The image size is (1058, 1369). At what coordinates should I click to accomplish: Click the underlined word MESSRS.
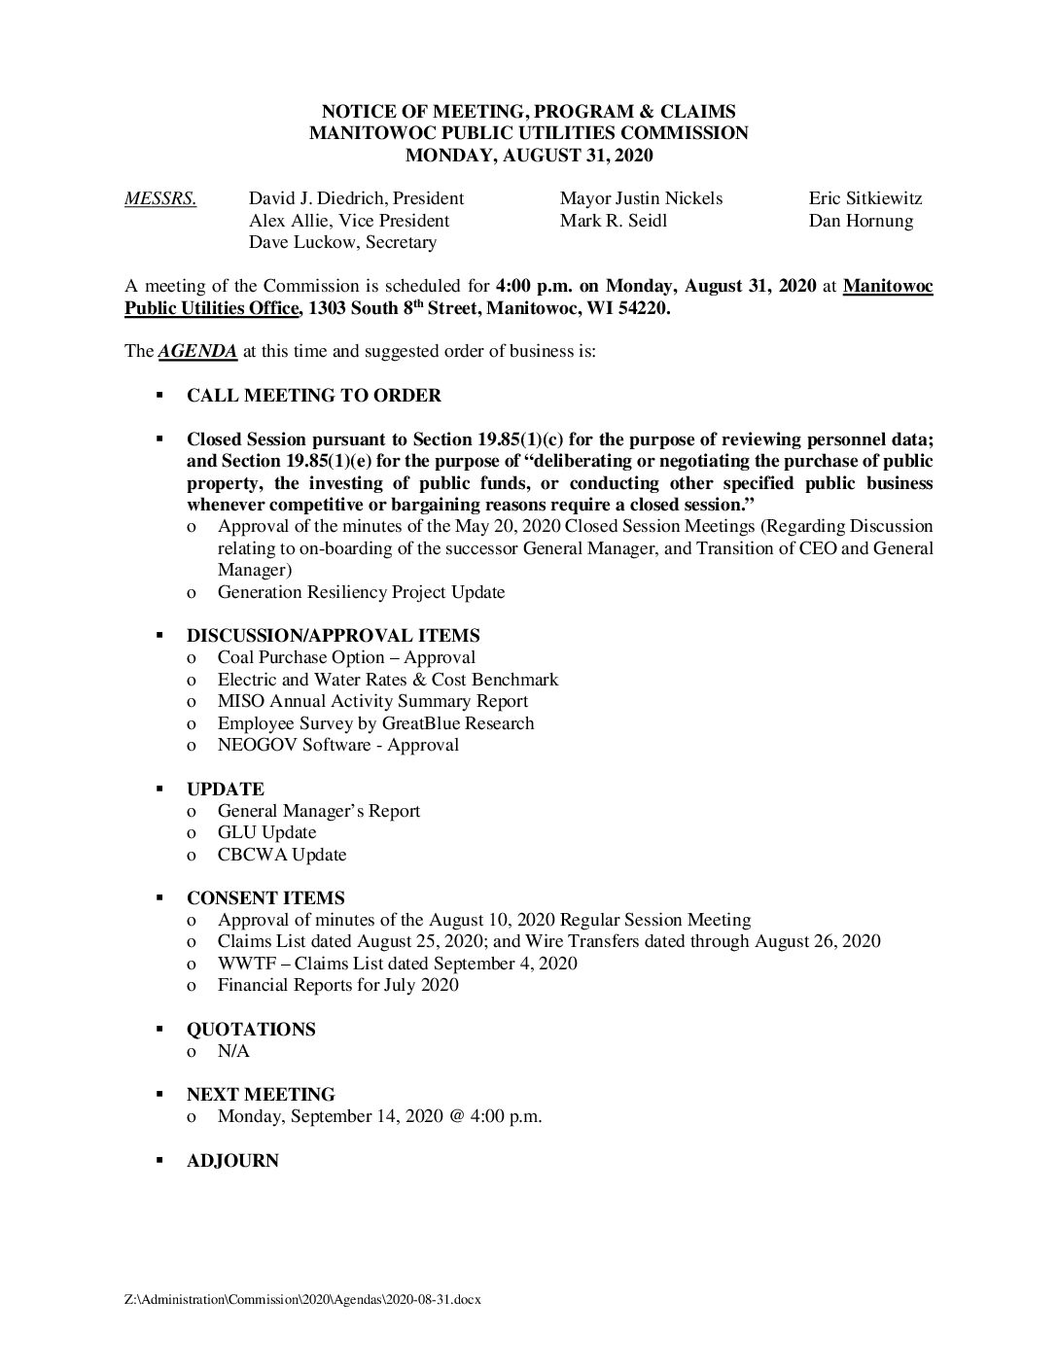[x=160, y=199]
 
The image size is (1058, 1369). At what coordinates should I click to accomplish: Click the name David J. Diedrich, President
[x=356, y=199]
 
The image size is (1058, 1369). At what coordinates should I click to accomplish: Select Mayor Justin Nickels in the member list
[x=641, y=199]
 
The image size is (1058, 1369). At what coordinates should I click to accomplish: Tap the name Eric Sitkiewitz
[x=864, y=199]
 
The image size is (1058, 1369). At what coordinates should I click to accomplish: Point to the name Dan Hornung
[x=861, y=222]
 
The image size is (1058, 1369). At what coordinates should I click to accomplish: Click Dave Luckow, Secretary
[x=342, y=243]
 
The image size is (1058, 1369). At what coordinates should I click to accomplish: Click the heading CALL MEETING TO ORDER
[x=313, y=396]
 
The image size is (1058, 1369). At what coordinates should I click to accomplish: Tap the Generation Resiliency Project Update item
[x=361, y=592]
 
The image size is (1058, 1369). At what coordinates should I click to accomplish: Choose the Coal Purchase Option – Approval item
[x=346, y=658]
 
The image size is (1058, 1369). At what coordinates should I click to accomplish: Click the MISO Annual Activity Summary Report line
[x=372, y=701]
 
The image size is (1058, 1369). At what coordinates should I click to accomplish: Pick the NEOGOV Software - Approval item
[x=337, y=746]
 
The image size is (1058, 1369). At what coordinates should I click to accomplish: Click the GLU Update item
[x=266, y=833]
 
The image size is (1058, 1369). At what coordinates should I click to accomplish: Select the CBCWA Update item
[x=282, y=856]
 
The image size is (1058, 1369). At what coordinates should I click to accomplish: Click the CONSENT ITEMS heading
[x=265, y=898]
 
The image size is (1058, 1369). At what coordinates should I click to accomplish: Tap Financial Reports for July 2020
[x=337, y=986]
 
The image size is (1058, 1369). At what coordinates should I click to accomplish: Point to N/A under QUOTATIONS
[x=233, y=1052]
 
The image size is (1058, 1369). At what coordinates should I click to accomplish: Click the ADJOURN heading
[x=232, y=1161]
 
